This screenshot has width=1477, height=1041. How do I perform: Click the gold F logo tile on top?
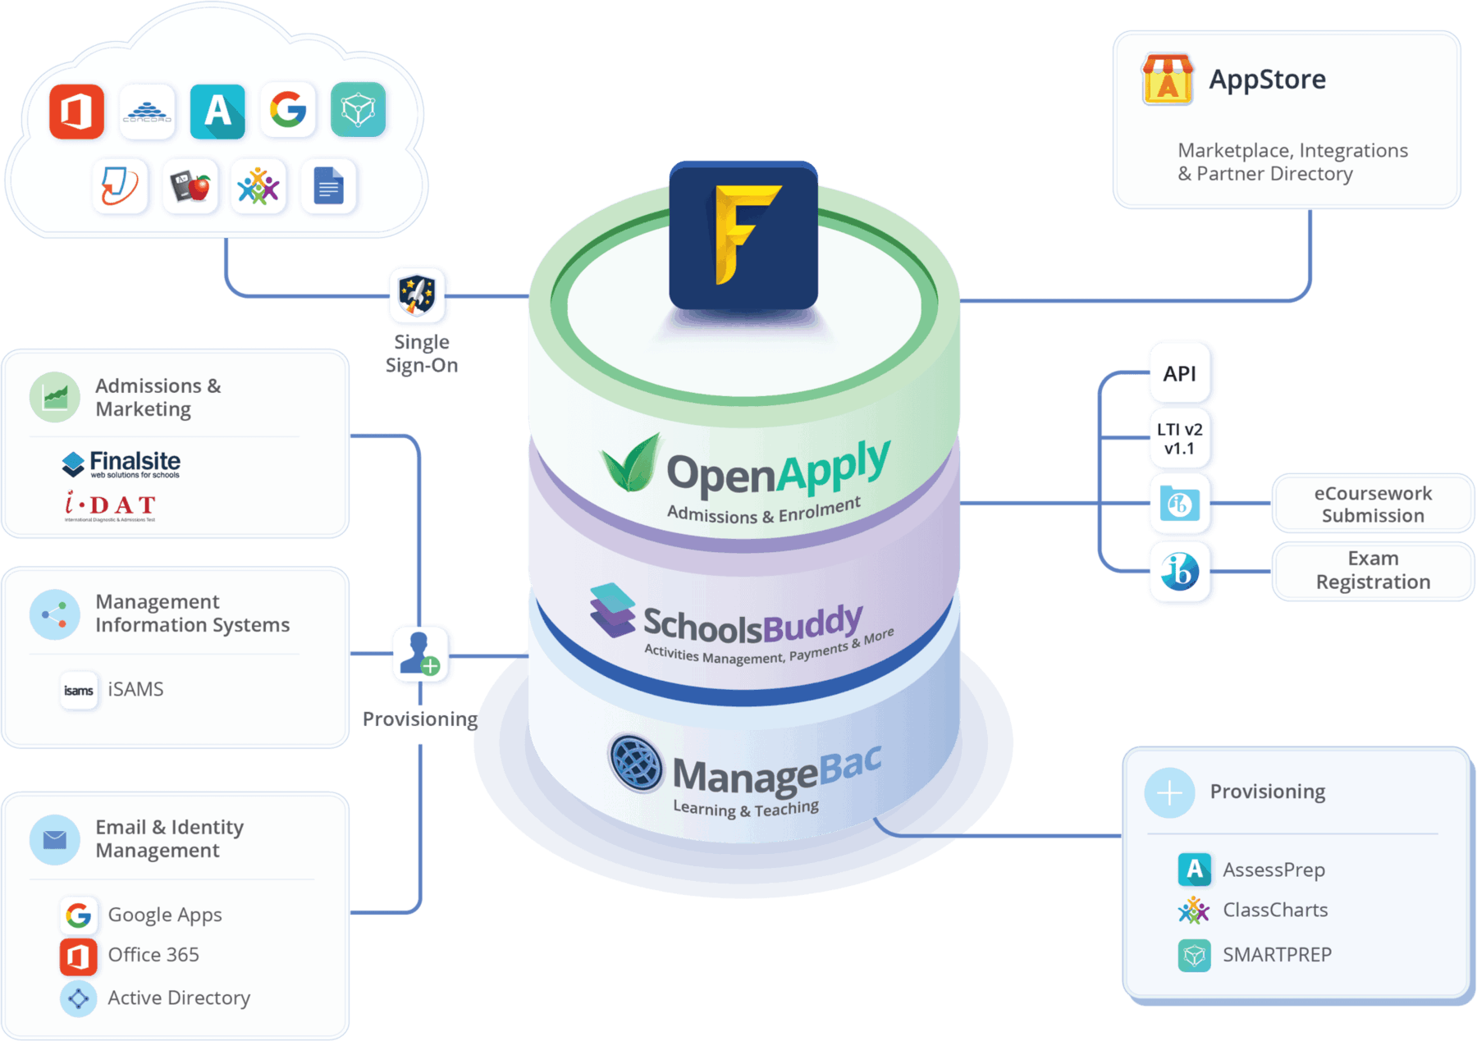[x=743, y=235]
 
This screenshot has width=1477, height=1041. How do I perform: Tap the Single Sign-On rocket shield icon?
[x=418, y=295]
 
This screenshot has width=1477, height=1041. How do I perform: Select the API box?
[x=1180, y=374]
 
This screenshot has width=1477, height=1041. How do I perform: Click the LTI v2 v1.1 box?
[x=1180, y=439]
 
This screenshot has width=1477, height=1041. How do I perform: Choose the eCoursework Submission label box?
[x=1373, y=505]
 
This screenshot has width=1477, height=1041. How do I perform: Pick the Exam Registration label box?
[x=1373, y=570]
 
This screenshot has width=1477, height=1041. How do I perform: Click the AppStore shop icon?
[x=1168, y=80]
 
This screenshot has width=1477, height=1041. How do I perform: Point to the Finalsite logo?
[x=121, y=464]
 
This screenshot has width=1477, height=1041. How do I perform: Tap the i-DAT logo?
[x=111, y=505]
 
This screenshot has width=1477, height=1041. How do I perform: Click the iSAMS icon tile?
[x=79, y=691]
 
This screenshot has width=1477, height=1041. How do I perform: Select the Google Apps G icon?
[x=79, y=915]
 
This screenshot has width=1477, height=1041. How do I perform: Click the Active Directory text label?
[x=179, y=998]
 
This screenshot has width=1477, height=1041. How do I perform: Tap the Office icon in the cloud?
[x=76, y=111]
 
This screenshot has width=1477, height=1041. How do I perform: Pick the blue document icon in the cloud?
[x=328, y=187]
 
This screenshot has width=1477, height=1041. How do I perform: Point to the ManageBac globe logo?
[x=636, y=763]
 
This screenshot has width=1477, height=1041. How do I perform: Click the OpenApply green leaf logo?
[x=630, y=463]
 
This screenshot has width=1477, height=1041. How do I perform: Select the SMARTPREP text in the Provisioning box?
[x=1277, y=955]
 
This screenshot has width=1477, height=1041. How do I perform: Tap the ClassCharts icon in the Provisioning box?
[x=1194, y=911]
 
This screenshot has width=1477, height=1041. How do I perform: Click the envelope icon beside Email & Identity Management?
[x=55, y=839]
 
